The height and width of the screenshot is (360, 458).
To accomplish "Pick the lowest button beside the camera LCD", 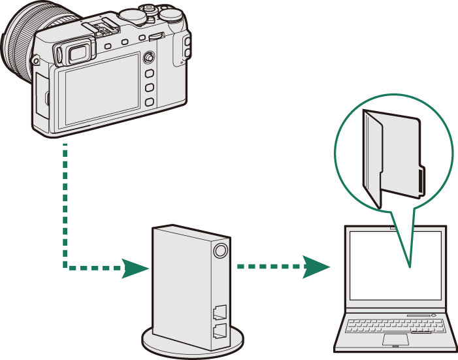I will pyautogui.click(x=149, y=102).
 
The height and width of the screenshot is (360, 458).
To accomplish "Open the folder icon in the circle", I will pyautogui.click(x=392, y=157).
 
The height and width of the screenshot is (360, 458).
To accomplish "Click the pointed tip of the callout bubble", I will pyautogui.click(x=409, y=267).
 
